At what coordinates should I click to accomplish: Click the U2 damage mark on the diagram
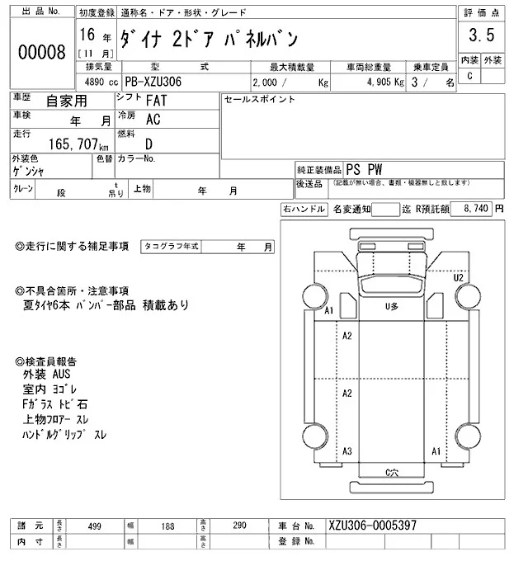click(459, 277)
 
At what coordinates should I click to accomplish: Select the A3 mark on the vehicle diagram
click(347, 451)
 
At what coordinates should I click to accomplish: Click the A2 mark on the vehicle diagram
click(347, 335)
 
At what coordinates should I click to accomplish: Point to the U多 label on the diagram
click(392, 306)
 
